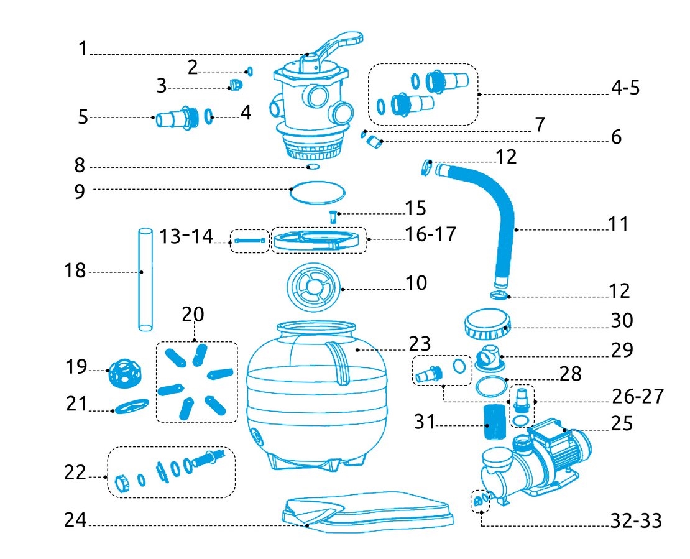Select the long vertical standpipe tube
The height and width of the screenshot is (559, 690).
pos(144,280)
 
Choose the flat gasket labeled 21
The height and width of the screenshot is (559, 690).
pos(131,407)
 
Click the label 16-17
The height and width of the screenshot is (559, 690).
pos(430,234)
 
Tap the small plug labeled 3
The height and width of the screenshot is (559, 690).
pos(234,85)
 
